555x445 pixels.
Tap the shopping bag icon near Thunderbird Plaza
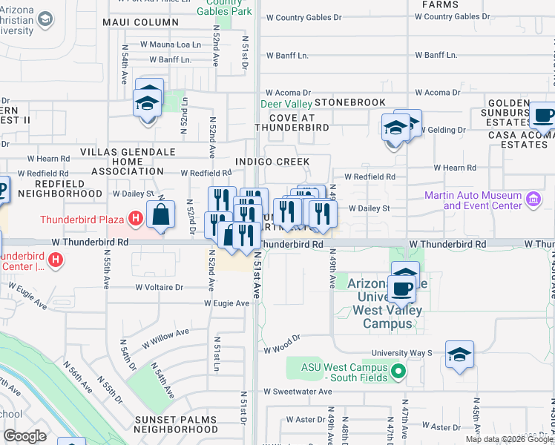coord(160,215)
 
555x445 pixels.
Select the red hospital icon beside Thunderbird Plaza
coord(134,219)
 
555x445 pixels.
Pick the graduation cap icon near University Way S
coord(460,355)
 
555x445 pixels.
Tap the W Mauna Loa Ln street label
coord(171,45)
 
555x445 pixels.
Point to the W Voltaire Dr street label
coord(159,287)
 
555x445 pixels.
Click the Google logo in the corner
coord(24,436)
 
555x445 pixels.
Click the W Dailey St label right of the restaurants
coord(369,209)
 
